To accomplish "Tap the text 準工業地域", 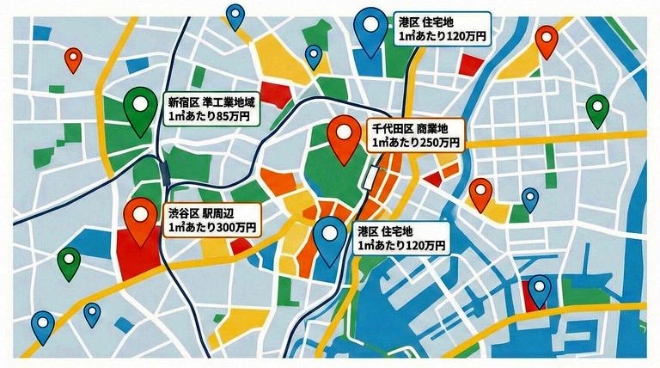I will [228, 101].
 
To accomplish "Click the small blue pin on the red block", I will [539, 291].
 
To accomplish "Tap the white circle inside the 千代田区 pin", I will [346, 132].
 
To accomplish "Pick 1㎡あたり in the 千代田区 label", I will [394, 142].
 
